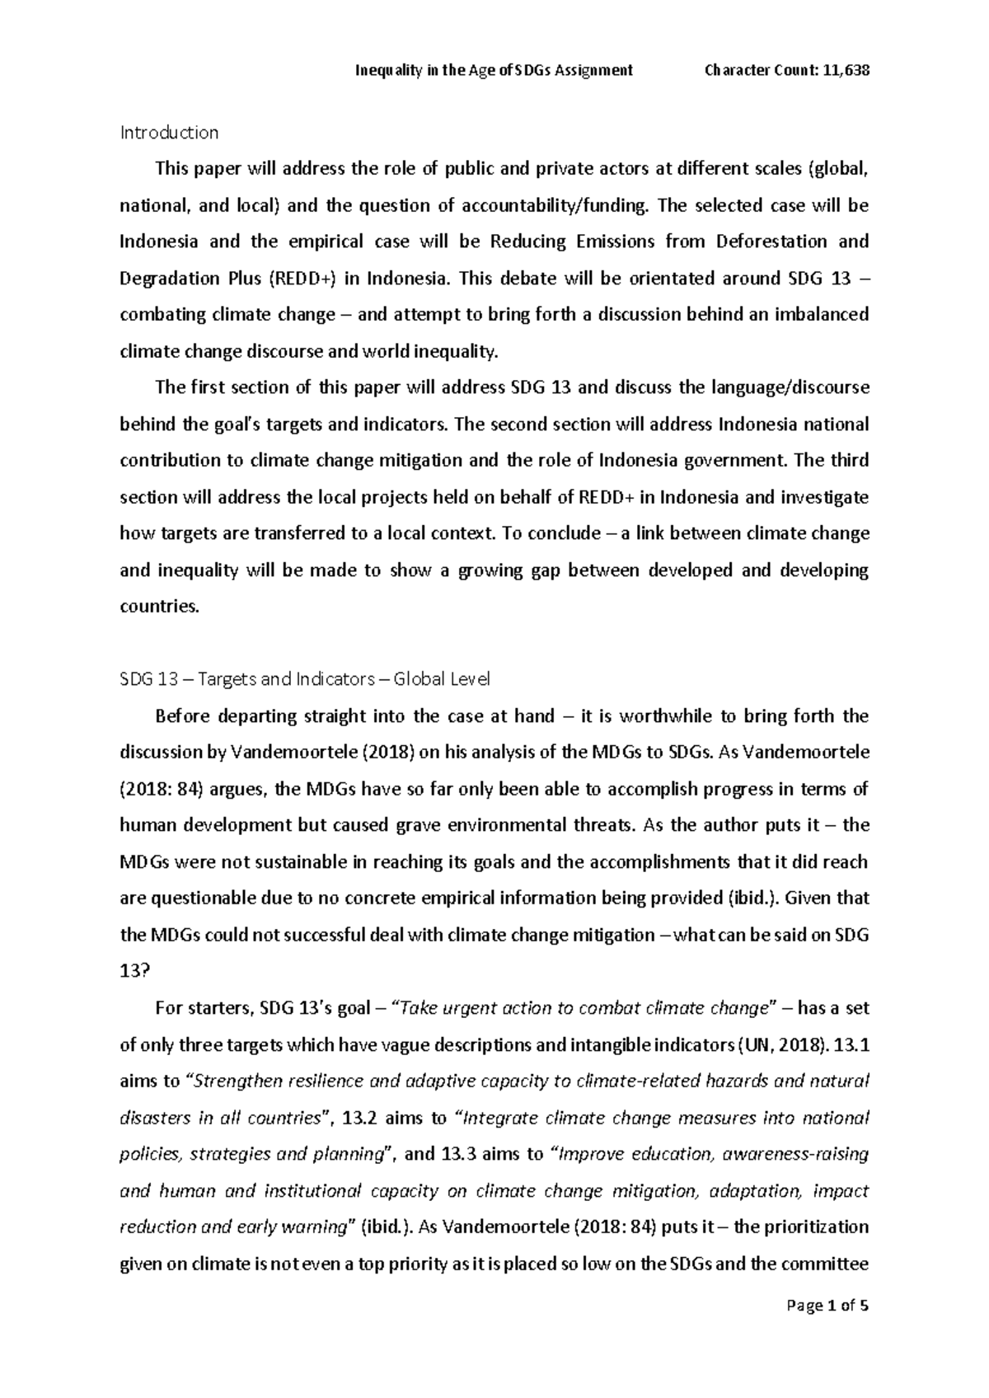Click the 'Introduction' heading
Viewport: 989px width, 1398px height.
169,133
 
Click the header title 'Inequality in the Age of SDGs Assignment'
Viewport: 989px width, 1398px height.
493,70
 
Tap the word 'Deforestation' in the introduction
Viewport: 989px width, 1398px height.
771,242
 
